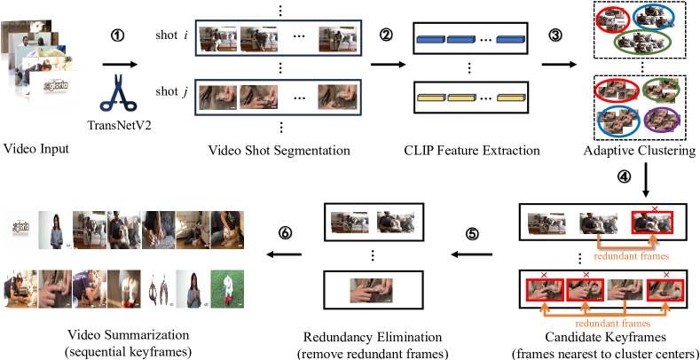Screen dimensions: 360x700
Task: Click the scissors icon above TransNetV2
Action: (119, 95)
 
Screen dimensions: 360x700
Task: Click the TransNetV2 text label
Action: (119, 127)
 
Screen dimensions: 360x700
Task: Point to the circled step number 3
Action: (554, 35)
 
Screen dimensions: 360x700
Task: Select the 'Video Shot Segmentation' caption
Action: (279, 150)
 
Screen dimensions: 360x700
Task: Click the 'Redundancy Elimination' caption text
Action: (374, 337)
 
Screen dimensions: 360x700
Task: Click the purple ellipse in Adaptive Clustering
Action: (662, 116)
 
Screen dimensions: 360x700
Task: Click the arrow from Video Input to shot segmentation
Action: (119, 64)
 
